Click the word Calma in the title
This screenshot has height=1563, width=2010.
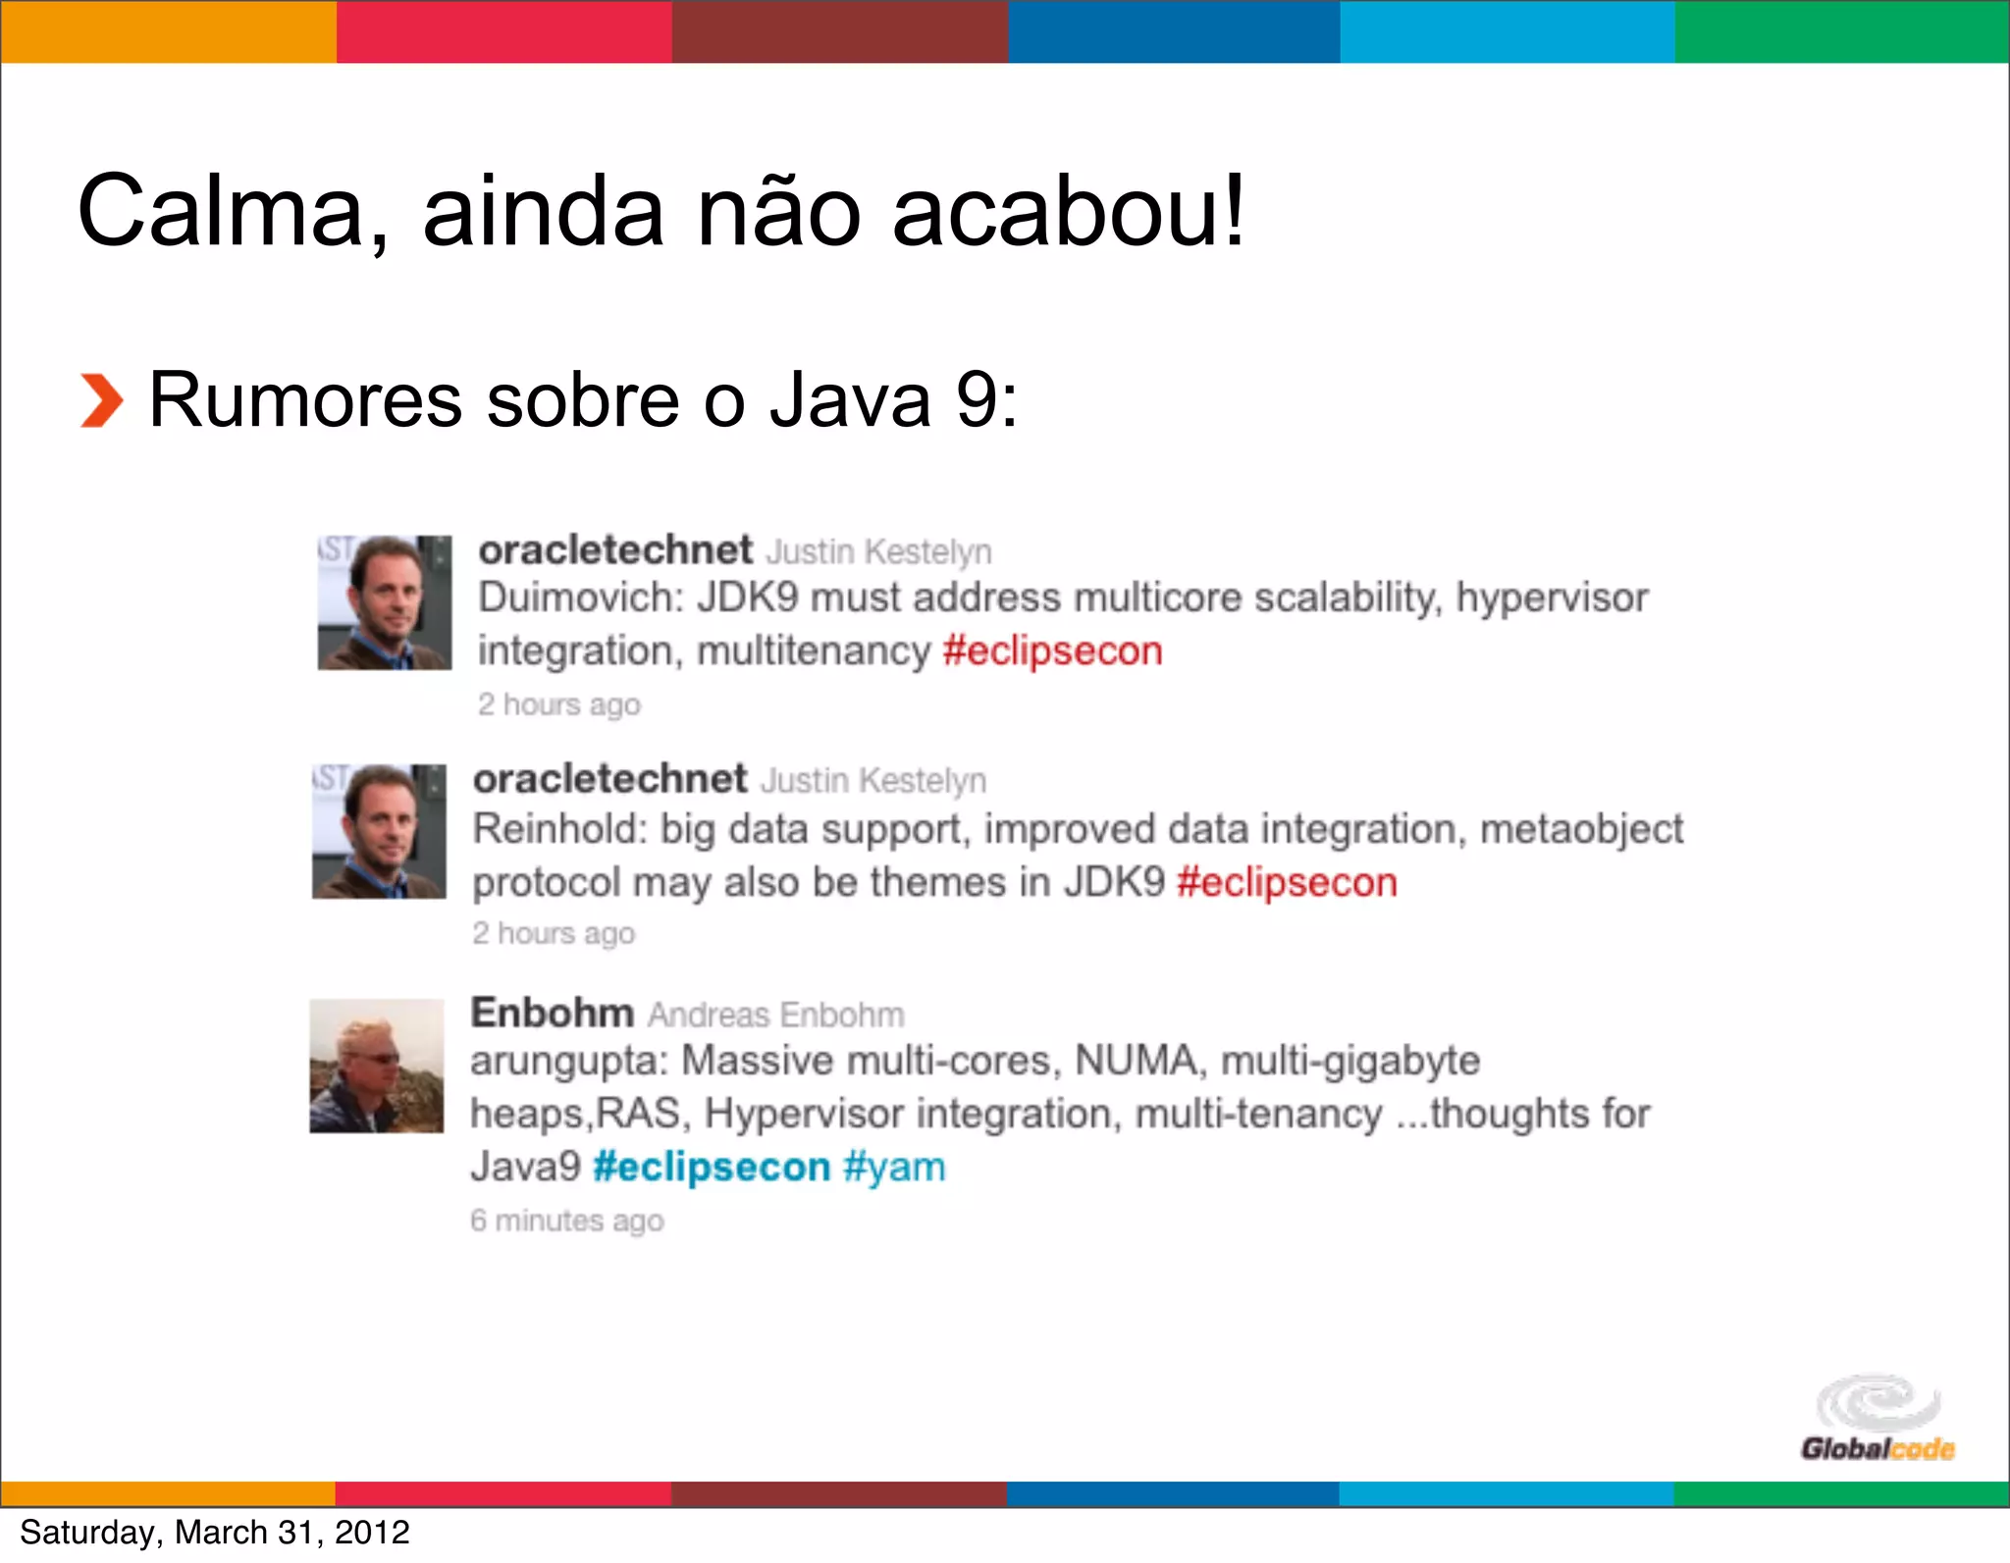click(x=232, y=212)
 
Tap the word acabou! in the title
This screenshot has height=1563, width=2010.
click(x=1068, y=212)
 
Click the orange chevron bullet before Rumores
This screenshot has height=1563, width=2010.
click(x=101, y=401)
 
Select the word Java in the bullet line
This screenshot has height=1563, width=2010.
click(x=849, y=401)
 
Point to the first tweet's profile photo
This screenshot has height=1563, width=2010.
click(x=385, y=602)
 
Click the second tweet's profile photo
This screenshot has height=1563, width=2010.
click(x=380, y=831)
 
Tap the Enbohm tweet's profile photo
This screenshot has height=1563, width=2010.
click(x=377, y=1066)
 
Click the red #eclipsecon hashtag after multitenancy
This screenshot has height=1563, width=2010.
click(x=1052, y=651)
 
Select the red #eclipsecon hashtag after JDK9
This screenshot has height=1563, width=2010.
click(x=1287, y=883)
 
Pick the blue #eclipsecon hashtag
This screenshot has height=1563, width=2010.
click(x=712, y=1168)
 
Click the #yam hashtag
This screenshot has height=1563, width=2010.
click(x=894, y=1168)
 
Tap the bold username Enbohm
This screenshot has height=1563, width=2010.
click(x=552, y=1013)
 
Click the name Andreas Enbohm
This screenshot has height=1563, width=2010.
click(x=775, y=1015)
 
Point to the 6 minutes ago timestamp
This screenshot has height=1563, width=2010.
click(x=567, y=1221)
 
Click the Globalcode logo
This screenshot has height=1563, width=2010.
click(x=1877, y=1419)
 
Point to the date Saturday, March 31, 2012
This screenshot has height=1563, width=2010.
click(x=215, y=1533)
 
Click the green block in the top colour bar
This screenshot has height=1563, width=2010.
click(x=1842, y=31)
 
